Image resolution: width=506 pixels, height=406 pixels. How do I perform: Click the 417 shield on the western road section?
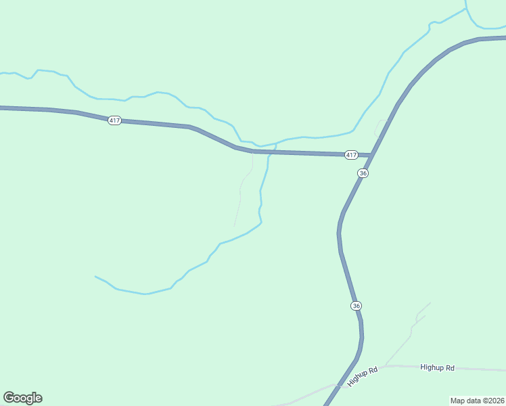pos(114,120)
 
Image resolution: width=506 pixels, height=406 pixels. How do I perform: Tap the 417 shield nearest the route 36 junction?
pos(350,155)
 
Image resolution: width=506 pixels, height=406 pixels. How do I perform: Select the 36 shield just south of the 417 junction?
pos(363,173)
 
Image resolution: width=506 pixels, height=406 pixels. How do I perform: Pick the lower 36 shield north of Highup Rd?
pos(356,306)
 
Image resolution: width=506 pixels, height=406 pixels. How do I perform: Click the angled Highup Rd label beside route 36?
pos(363,376)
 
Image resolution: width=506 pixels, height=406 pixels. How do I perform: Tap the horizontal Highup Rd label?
pos(437,367)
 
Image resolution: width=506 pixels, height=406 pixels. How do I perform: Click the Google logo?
pos(22,398)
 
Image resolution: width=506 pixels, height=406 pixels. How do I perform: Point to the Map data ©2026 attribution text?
pos(478,401)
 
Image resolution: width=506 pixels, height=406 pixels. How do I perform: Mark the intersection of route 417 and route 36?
pos(371,156)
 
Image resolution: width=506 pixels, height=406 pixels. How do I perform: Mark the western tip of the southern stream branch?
pos(95,276)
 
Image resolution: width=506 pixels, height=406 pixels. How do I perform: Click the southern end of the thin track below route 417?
pos(235,226)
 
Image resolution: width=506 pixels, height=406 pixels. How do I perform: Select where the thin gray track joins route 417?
pos(253,151)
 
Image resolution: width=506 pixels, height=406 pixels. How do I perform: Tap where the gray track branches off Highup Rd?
pos(386,366)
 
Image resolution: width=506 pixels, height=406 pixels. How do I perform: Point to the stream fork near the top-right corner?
pos(466,9)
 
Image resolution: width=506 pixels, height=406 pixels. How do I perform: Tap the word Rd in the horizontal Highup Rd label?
pos(450,367)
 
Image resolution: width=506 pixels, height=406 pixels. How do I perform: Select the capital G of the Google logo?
pos(9,398)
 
